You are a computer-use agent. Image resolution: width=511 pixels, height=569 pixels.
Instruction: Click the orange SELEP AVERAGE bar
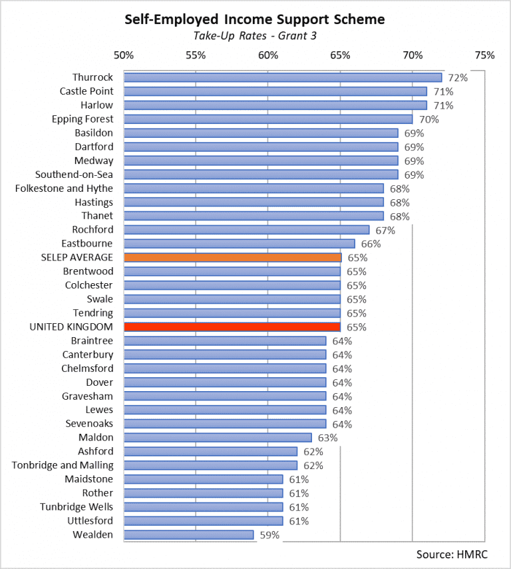(x=232, y=257)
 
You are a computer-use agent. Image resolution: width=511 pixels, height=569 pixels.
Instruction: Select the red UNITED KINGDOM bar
(x=232, y=326)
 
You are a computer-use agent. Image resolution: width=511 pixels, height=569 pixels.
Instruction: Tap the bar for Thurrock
(x=283, y=77)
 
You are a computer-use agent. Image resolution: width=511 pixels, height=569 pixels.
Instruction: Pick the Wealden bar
(x=188, y=534)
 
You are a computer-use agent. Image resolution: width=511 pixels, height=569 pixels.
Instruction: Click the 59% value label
(x=269, y=535)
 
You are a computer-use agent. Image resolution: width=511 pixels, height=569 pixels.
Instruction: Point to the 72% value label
(x=458, y=78)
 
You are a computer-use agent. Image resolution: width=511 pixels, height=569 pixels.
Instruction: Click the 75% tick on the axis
(x=484, y=55)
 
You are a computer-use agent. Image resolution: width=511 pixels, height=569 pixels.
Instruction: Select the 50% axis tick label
(x=124, y=55)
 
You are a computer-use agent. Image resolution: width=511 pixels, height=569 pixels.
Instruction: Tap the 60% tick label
(x=268, y=55)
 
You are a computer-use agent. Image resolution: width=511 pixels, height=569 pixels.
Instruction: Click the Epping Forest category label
(x=83, y=119)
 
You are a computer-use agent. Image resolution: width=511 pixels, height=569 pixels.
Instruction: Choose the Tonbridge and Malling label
(x=63, y=465)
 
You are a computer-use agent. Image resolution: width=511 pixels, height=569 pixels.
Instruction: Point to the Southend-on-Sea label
(x=75, y=175)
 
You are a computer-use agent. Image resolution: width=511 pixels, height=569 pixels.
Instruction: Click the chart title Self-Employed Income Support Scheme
(x=255, y=20)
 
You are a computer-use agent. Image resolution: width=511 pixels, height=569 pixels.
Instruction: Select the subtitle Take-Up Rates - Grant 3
(x=255, y=36)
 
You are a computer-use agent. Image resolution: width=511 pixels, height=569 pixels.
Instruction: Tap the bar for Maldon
(x=218, y=438)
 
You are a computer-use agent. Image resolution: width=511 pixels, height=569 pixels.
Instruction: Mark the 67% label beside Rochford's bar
(x=385, y=231)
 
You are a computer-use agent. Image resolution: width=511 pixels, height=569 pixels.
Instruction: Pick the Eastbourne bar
(x=240, y=243)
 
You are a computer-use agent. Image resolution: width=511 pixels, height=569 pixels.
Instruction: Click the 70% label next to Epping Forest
(x=428, y=119)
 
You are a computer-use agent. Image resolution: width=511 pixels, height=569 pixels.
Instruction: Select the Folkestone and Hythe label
(x=64, y=189)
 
